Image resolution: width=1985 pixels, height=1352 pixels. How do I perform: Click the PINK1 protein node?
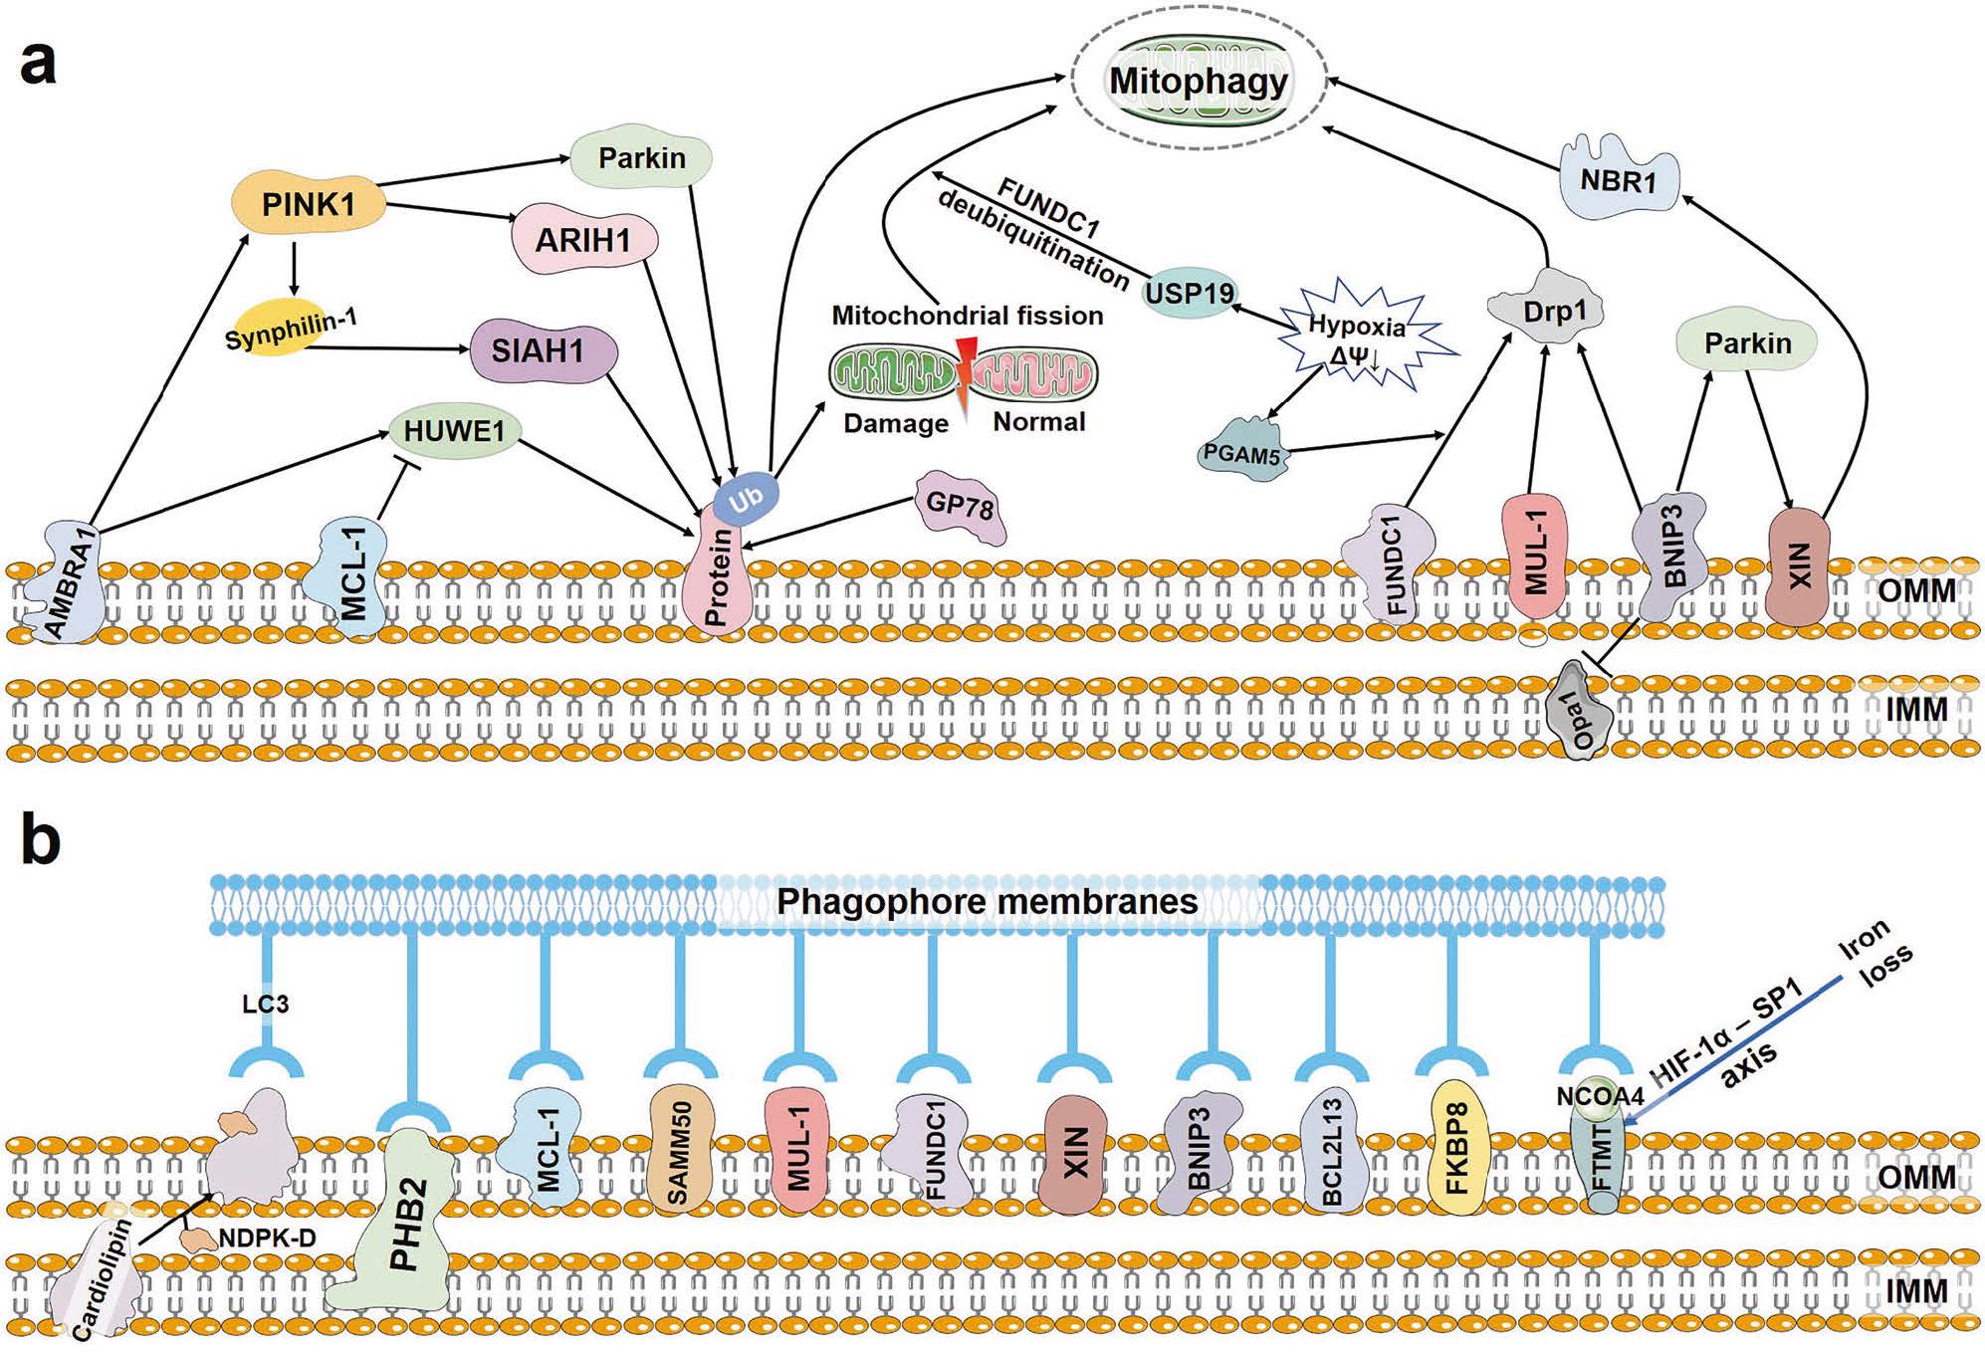[308, 204]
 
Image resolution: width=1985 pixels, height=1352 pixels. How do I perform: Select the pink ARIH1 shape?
[583, 239]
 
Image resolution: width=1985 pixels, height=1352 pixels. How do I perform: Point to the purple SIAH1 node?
[539, 351]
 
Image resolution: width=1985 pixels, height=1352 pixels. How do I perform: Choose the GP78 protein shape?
[960, 507]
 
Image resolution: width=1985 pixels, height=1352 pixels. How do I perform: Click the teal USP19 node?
[1189, 293]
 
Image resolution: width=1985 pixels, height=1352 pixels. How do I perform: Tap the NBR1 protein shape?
[1618, 179]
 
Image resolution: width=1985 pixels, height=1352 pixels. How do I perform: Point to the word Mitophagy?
[1199, 81]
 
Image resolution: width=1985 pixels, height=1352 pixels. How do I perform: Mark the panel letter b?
[40, 841]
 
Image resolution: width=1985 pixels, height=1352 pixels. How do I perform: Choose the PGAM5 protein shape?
[1241, 454]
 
